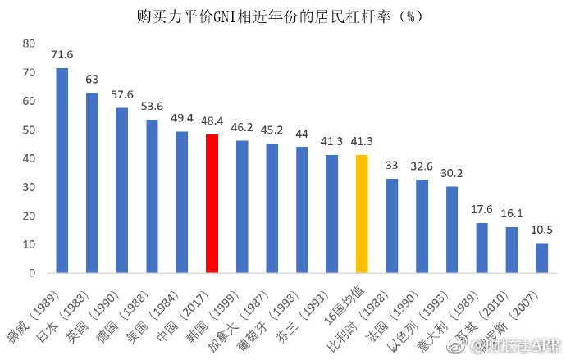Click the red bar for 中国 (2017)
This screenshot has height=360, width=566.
click(x=212, y=203)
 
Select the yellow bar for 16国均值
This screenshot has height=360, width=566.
click(x=362, y=213)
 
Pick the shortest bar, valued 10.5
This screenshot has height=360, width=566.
click(x=541, y=257)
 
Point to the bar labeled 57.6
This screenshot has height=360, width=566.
click(x=122, y=190)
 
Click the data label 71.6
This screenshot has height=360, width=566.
click(x=62, y=55)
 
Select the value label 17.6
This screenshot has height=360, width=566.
click(x=482, y=210)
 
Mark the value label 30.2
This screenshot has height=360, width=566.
click(x=452, y=174)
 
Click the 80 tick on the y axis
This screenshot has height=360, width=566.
click(x=30, y=43)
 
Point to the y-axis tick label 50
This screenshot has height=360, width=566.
click(x=30, y=130)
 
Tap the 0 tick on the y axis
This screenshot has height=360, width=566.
click(x=33, y=273)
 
